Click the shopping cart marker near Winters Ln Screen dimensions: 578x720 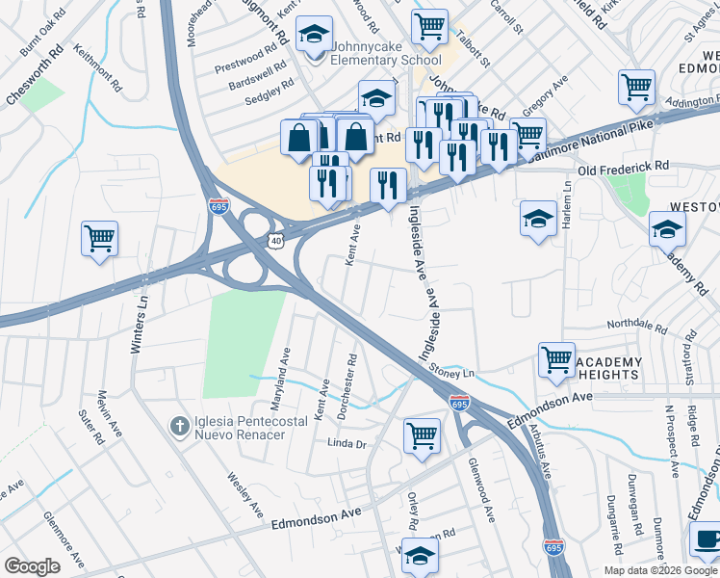(100, 238)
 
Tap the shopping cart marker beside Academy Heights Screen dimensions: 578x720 (556, 360)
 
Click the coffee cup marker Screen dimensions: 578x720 (707, 539)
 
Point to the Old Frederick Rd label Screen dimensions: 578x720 (623, 168)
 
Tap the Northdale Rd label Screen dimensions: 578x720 (636, 326)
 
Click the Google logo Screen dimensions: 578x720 (32, 566)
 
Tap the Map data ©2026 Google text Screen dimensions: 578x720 (660, 570)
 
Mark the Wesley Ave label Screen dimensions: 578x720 (245, 492)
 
